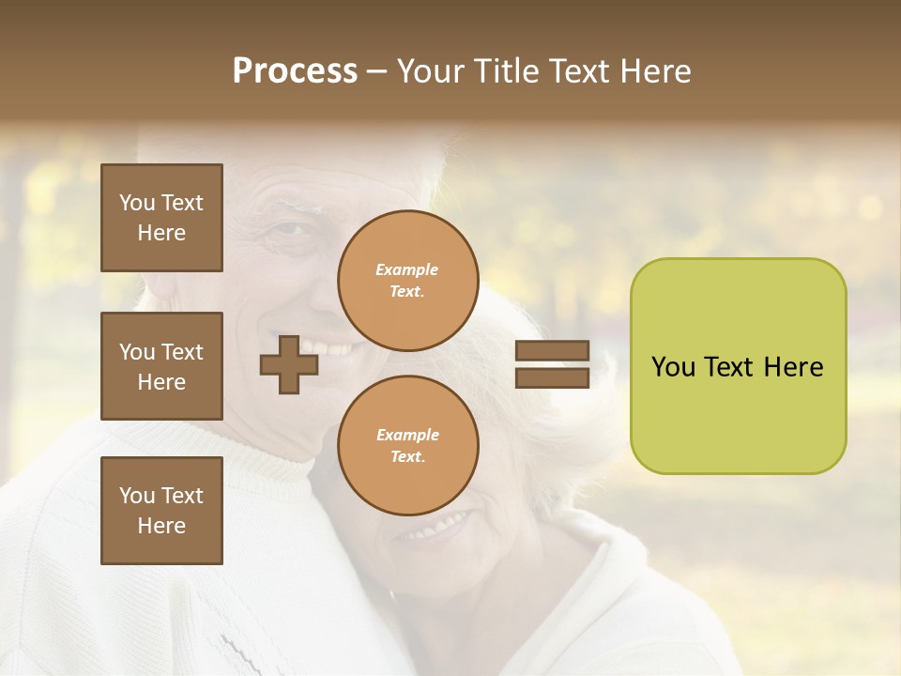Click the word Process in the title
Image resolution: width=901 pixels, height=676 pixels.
tap(295, 71)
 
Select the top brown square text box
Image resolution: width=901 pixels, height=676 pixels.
tap(161, 218)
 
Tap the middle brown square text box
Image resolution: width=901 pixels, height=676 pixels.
tap(161, 366)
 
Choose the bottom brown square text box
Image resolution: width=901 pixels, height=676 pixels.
tap(161, 511)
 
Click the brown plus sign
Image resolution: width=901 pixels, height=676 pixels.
tap(289, 364)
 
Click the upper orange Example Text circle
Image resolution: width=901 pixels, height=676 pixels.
tap(407, 281)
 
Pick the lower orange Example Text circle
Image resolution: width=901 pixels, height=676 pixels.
tap(407, 446)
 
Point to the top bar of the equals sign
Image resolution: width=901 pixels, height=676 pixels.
tap(552, 351)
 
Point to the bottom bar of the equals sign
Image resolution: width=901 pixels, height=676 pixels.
tap(552, 378)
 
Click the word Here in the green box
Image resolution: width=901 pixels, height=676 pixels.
tap(793, 367)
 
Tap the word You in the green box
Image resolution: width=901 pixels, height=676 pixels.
tap(673, 367)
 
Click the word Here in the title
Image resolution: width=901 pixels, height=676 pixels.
tap(653, 71)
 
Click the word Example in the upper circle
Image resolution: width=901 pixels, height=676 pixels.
tap(407, 269)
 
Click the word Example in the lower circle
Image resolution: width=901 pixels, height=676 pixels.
tap(407, 435)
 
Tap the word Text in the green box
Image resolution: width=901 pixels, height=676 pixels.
tap(729, 367)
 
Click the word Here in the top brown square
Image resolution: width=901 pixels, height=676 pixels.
tap(161, 233)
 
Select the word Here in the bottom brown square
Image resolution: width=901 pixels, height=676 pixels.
tap(161, 526)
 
